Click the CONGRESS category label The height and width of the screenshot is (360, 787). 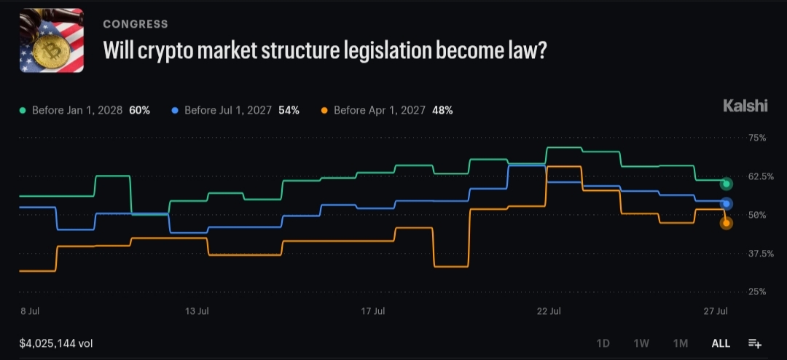(x=136, y=24)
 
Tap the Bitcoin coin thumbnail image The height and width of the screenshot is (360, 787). (x=52, y=41)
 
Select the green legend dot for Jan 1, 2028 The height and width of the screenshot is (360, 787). (x=23, y=111)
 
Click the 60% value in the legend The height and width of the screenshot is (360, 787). (x=139, y=111)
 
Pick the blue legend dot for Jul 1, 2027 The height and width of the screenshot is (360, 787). (x=175, y=111)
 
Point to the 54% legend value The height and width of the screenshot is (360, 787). (x=289, y=111)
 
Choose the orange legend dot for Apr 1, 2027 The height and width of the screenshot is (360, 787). (x=324, y=111)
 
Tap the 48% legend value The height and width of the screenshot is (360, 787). (x=442, y=111)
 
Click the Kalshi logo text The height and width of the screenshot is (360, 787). (x=745, y=106)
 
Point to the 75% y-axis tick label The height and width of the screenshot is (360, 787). (x=756, y=138)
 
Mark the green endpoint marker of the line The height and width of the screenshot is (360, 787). (x=726, y=184)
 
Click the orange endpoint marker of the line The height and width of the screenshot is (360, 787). (x=726, y=224)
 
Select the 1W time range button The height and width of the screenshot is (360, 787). (x=641, y=343)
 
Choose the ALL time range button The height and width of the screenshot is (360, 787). (x=721, y=343)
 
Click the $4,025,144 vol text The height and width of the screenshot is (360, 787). (x=56, y=344)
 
